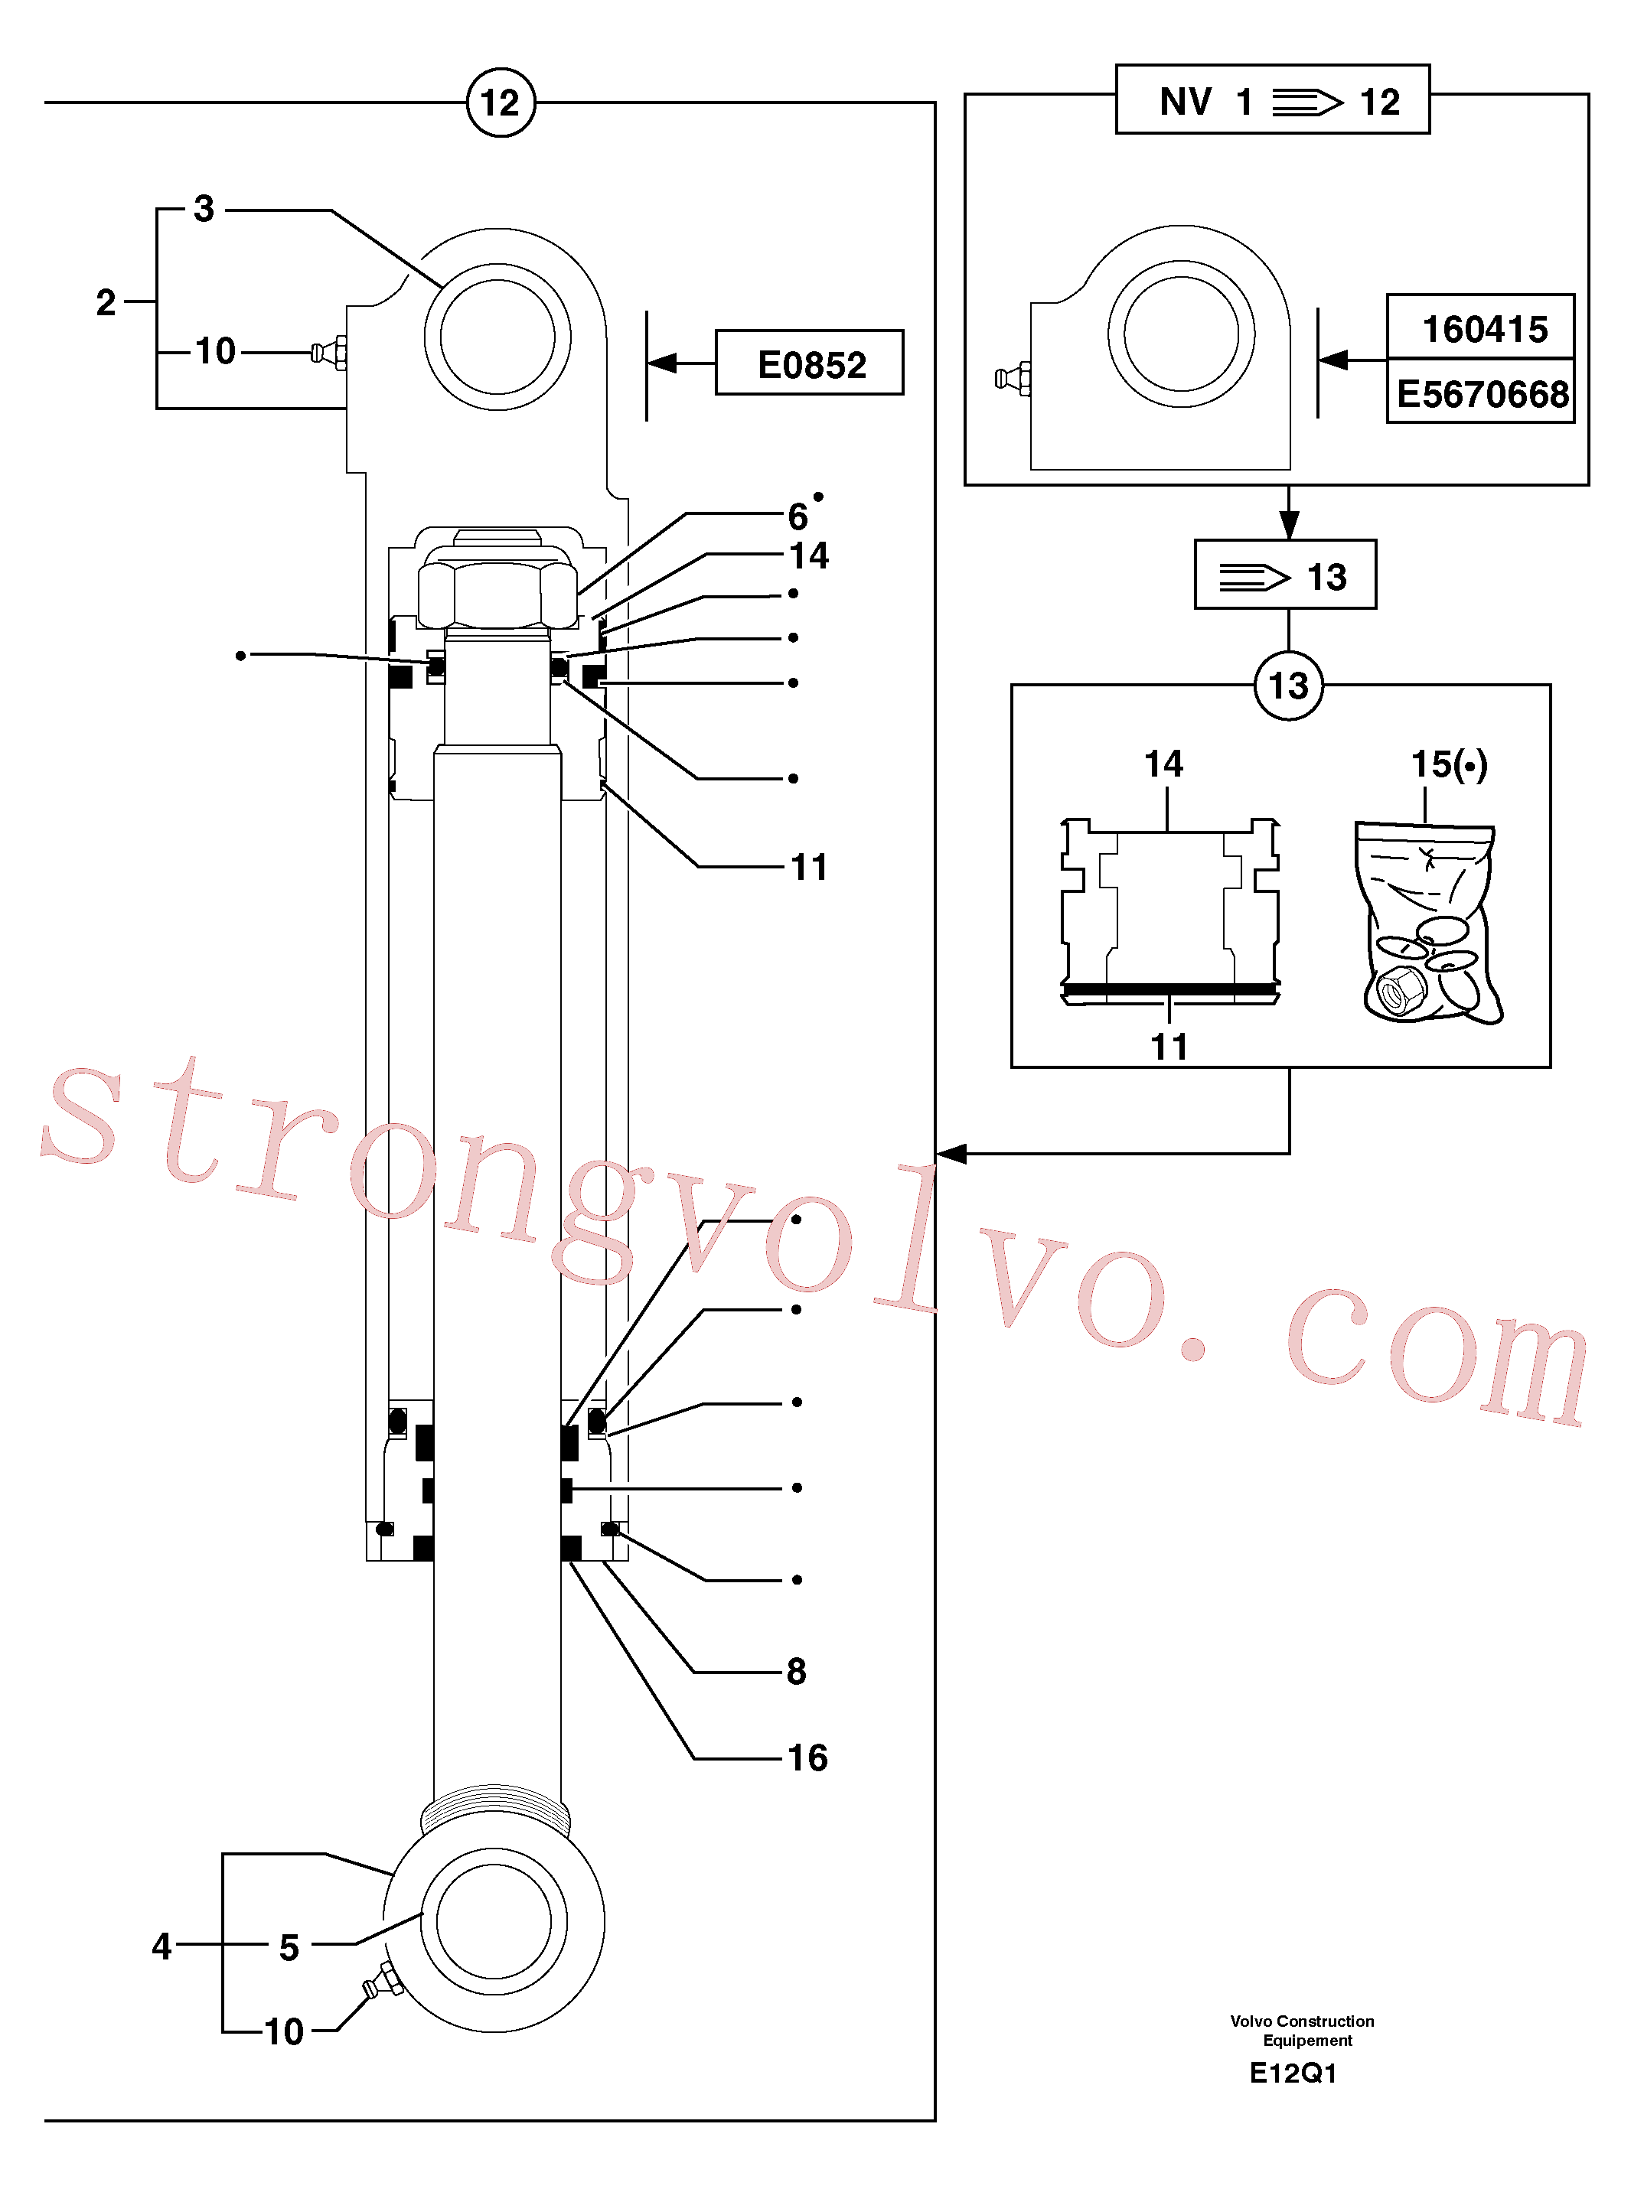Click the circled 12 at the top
click(x=500, y=102)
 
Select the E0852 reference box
click(x=809, y=362)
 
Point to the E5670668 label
click(x=1482, y=393)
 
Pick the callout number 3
click(x=204, y=209)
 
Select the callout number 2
click(x=106, y=301)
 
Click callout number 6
click(x=798, y=516)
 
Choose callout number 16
click(x=807, y=1757)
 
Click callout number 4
click(x=161, y=1946)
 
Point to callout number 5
click(x=289, y=1946)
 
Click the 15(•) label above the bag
click(x=1449, y=764)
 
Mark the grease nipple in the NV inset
click(x=1013, y=378)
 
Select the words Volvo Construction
click(x=1302, y=2021)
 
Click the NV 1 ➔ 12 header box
click(x=1272, y=99)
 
